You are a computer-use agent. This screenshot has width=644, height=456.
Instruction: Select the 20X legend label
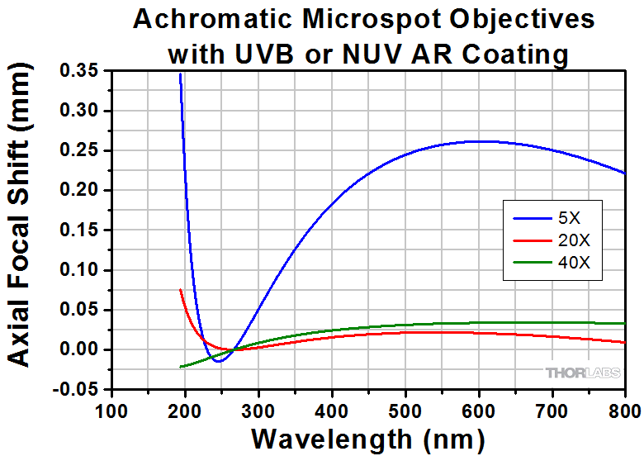[x=574, y=242]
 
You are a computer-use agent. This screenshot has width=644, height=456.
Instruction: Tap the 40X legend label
[x=574, y=263]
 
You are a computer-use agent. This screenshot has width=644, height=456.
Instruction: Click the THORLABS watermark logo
[x=581, y=373]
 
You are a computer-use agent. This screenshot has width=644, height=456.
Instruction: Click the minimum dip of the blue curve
[x=217, y=361]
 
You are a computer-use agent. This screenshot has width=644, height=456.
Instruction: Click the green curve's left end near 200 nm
[x=181, y=367]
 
